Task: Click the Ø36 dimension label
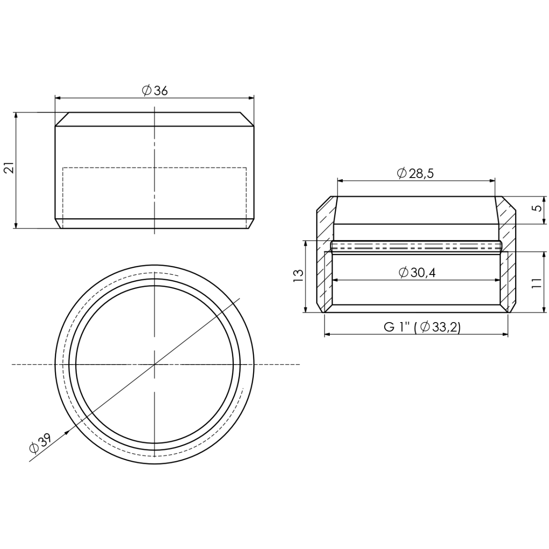[155, 90]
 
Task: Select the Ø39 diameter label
[40, 444]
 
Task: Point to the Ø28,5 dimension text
[415, 173]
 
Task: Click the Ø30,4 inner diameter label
[417, 273]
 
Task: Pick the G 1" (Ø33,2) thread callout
[422, 327]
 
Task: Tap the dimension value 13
[298, 276]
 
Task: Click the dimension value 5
[538, 208]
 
